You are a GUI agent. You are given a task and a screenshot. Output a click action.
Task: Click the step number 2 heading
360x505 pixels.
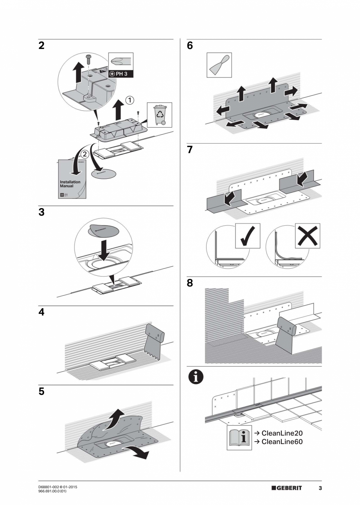pyautogui.click(x=41, y=46)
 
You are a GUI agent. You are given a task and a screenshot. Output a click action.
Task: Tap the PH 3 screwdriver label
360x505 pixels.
pyautogui.click(x=121, y=74)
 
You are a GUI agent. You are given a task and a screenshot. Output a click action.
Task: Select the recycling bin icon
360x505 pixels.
pyautogui.click(x=159, y=114)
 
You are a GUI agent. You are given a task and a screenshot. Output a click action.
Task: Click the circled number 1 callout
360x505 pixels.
pyautogui.click(x=130, y=100)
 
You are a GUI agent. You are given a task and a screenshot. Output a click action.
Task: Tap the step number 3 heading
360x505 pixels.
pyautogui.click(x=41, y=212)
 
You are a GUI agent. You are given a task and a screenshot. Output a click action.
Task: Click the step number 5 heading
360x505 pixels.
pyautogui.click(x=41, y=392)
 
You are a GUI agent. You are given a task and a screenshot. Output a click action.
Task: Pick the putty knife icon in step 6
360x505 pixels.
pyautogui.click(x=219, y=65)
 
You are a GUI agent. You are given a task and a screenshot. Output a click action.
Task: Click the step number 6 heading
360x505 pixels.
pyautogui.click(x=190, y=46)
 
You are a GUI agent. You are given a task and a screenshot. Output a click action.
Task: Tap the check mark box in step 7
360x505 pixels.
pyautogui.click(x=247, y=236)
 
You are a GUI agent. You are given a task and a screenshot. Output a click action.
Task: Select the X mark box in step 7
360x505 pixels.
pyautogui.click(x=307, y=236)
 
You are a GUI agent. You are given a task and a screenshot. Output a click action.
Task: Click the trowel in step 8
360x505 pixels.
pyautogui.click(x=288, y=335)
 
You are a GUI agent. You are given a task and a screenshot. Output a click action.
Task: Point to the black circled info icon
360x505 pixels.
pyautogui.click(x=196, y=377)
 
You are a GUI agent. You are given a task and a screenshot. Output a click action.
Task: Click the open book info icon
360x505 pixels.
pyautogui.click(x=239, y=438)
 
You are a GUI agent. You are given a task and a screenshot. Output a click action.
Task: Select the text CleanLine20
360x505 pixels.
pyautogui.click(x=281, y=433)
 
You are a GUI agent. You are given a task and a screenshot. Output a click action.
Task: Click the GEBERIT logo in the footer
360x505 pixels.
pyautogui.click(x=287, y=488)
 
